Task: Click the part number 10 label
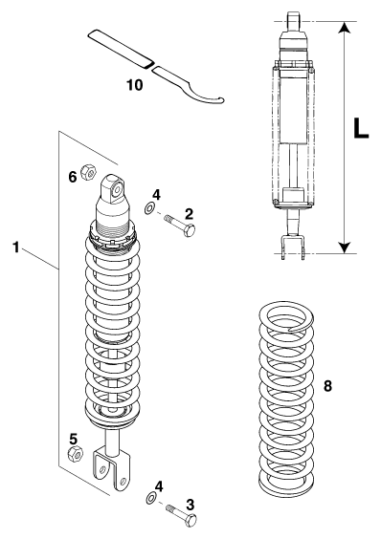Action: tap(134, 84)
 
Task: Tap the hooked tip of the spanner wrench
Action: tap(221, 100)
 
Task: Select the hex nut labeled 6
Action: tap(88, 172)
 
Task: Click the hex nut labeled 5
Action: tap(75, 455)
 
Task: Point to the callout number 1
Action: tap(16, 248)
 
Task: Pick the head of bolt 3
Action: tap(190, 520)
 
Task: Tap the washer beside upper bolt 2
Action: tap(149, 208)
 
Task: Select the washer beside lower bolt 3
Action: tap(151, 499)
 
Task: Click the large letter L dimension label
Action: tap(361, 128)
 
